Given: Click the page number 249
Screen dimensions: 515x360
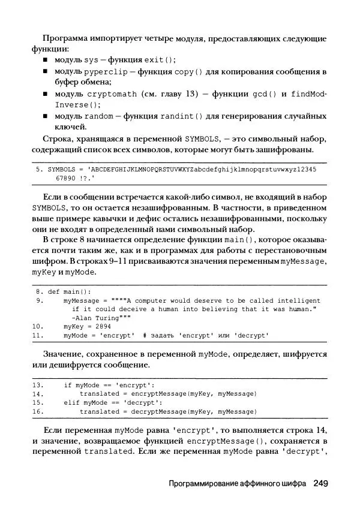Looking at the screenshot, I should (321, 483).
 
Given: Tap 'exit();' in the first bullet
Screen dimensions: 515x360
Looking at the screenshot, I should (161, 61).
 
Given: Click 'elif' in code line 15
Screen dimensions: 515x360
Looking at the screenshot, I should (71, 403).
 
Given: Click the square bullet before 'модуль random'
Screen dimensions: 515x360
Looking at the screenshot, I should (46, 116).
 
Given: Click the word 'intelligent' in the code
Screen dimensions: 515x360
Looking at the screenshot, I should (299, 300).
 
